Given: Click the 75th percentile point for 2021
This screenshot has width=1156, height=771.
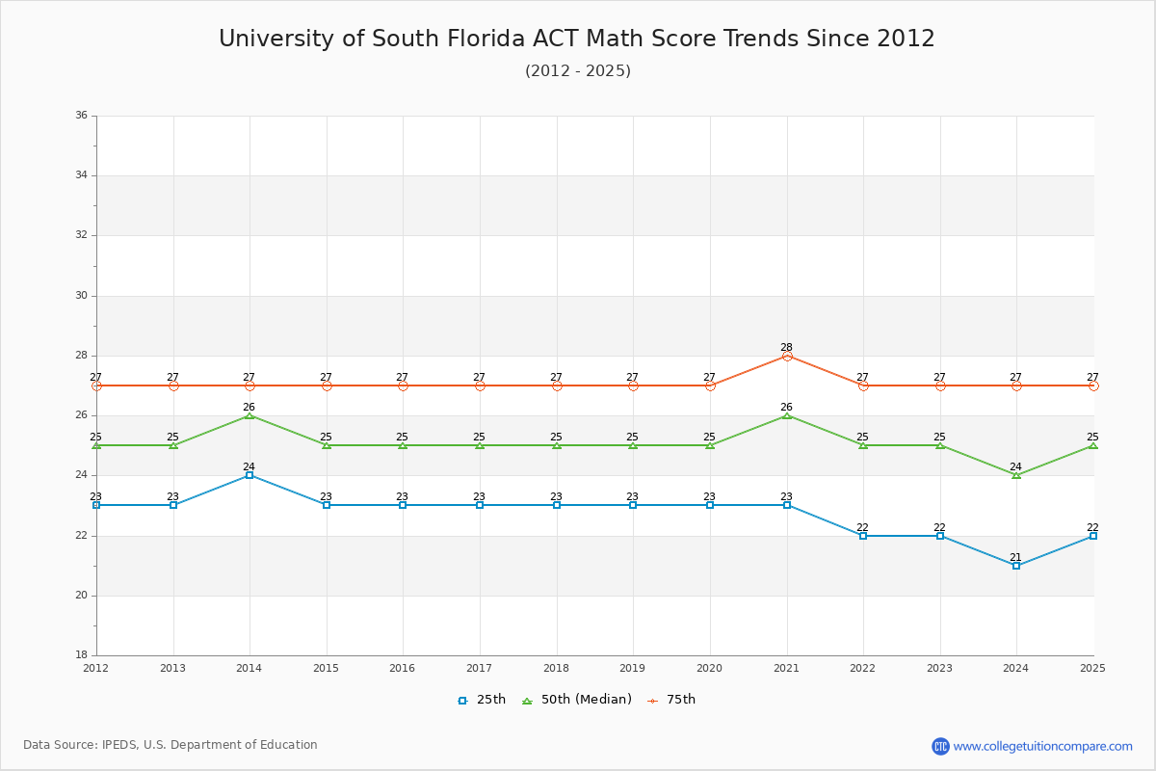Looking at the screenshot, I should [787, 356].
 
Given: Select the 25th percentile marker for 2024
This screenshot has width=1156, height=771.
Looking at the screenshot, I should [1016, 566].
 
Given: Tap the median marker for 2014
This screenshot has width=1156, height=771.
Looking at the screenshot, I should [250, 415].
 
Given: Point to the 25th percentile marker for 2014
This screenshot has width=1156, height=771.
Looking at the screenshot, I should [250, 475].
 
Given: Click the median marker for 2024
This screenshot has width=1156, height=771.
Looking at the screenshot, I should [1016, 475].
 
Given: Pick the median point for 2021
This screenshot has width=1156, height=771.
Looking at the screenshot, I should [787, 415].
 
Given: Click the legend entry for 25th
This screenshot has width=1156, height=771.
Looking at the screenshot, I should [482, 700].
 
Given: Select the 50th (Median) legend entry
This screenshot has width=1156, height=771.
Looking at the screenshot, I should [577, 700].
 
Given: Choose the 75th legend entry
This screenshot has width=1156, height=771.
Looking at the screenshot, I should [671, 700].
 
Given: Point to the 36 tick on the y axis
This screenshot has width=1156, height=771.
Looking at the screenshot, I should [81, 116].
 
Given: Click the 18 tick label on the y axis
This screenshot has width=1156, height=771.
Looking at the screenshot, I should [81, 655].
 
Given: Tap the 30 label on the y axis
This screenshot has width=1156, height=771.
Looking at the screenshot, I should [81, 296].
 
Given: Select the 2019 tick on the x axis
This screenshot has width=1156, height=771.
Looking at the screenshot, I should [633, 668].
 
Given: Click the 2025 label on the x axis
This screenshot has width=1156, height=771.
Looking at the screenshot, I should [1092, 668].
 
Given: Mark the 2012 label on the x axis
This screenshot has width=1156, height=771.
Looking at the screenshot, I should [96, 668].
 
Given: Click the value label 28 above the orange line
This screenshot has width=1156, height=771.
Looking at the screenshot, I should [786, 347].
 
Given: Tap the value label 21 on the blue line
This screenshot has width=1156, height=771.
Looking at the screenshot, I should [1015, 557].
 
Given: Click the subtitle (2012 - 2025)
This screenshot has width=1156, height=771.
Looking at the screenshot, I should [578, 71].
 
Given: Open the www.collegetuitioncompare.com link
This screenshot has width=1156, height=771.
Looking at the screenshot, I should [1042, 746].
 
